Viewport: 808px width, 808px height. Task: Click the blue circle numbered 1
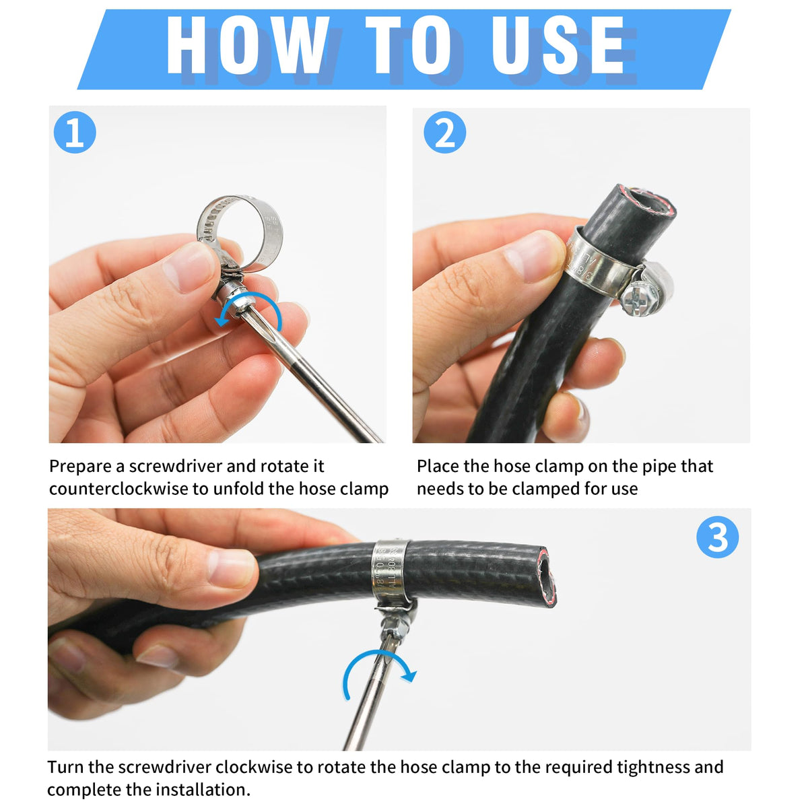pyautogui.click(x=75, y=133)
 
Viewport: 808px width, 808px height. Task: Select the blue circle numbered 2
pyautogui.click(x=444, y=133)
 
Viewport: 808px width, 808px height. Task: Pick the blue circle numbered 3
pyautogui.click(x=717, y=537)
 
